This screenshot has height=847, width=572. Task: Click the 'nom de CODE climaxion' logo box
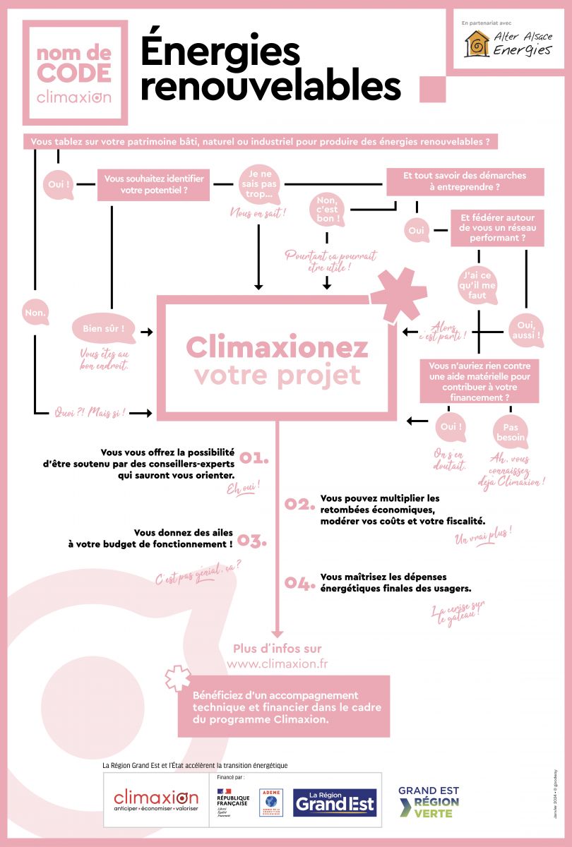(74, 72)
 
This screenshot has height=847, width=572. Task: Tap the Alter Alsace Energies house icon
(477, 44)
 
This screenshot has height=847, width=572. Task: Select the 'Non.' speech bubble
(35, 311)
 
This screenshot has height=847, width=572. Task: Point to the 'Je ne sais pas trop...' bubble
(258, 185)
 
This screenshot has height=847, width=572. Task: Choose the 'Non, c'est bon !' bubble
(327, 210)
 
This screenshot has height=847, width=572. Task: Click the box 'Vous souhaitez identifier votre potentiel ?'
(154, 185)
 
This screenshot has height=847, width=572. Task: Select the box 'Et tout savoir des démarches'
(465, 181)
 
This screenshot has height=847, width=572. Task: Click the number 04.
(298, 583)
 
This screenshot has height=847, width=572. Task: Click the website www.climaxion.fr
(277, 664)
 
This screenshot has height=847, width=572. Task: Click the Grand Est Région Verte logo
(429, 803)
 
